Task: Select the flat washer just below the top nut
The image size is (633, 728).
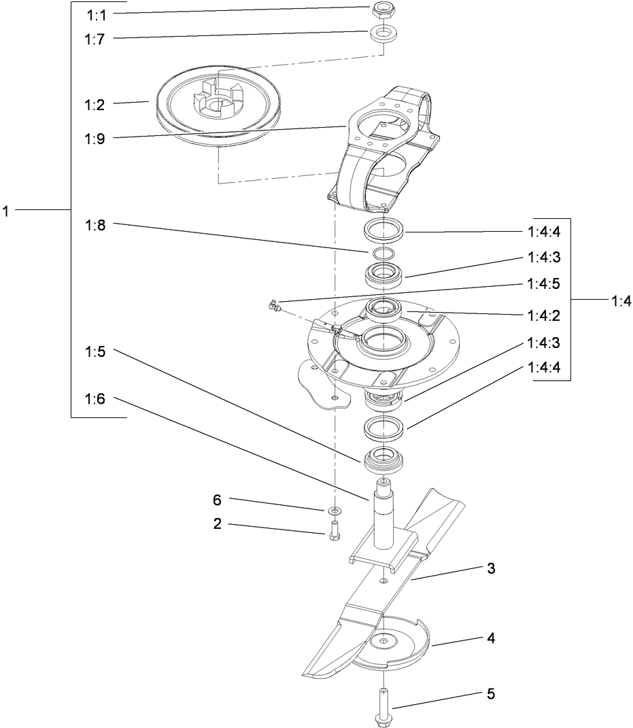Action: (x=383, y=34)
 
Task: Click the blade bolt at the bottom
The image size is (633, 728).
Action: (x=383, y=707)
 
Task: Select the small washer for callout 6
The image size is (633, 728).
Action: (x=334, y=509)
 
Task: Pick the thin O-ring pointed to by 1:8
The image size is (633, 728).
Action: (x=383, y=253)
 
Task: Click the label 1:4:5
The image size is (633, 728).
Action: (x=543, y=284)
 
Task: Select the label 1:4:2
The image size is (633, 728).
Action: (x=543, y=316)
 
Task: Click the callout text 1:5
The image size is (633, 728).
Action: (x=96, y=352)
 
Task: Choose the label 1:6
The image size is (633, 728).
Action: (x=96, y=399)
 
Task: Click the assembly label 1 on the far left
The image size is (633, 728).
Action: (x=5, y=211)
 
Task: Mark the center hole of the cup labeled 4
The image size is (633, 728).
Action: (x=384, y=640)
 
